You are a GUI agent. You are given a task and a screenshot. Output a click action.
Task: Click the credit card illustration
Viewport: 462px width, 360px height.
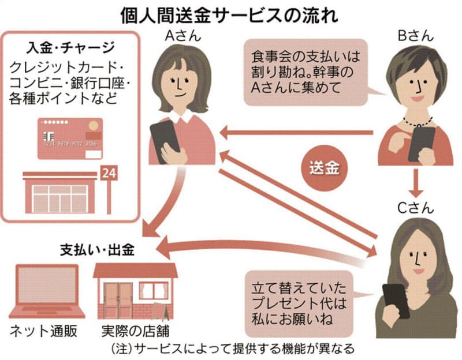(70, 138)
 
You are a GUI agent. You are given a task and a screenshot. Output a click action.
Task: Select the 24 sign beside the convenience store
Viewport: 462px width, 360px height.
(108, 172)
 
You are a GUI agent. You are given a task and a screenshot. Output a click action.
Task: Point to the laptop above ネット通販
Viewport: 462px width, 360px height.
(46, 291)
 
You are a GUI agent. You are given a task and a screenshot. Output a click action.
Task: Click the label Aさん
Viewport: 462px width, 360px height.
(183, 36)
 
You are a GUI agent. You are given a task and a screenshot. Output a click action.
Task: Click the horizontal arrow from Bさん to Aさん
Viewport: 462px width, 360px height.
(297, 133)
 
